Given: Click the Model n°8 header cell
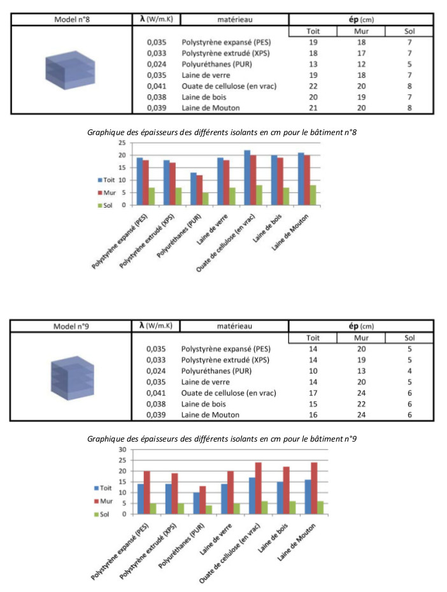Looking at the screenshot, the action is point(72,19).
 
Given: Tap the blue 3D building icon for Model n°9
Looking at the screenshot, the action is point(73,377).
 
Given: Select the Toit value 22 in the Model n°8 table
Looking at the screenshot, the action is point(313,86).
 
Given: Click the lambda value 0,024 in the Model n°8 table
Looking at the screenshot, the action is point(157,64).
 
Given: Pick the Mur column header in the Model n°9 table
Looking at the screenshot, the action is point(361,338).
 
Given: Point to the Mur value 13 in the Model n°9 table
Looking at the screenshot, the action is point(362,371).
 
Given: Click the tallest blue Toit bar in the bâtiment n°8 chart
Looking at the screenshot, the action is point(248,177).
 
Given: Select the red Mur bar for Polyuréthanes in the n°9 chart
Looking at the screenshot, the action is point(202,500).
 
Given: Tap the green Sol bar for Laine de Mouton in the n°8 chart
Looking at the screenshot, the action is point(313,195).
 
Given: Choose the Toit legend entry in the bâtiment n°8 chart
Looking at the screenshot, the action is point(106,180).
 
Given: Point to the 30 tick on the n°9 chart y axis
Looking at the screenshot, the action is point(123,449).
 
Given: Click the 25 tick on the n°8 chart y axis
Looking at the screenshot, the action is point(122,143).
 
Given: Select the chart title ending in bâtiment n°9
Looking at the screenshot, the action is point(222,438).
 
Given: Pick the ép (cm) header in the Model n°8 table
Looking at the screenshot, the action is point(361,19).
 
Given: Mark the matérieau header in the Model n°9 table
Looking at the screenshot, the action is point(234,326).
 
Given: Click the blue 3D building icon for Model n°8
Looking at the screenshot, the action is point(70,70).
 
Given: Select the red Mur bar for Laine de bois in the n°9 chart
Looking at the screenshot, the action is point(287,490).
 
